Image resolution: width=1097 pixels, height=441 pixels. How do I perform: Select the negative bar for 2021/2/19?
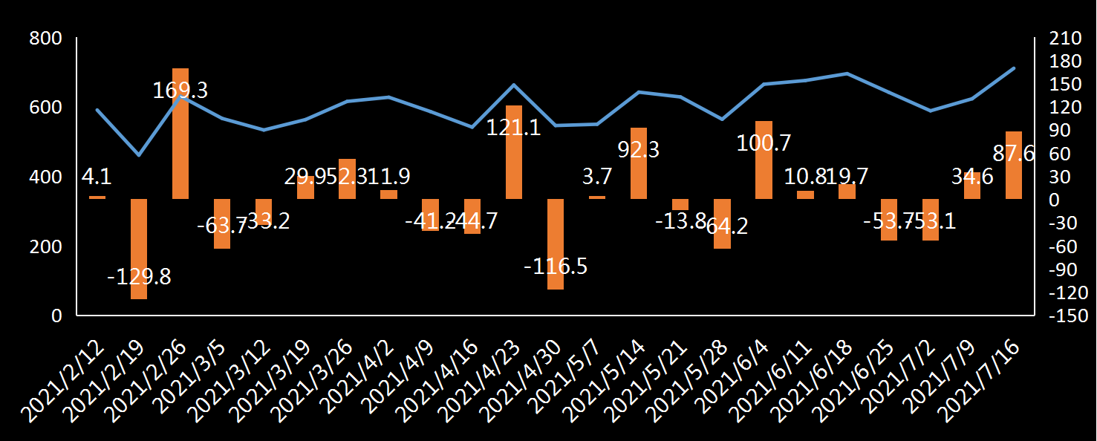pos(139,249)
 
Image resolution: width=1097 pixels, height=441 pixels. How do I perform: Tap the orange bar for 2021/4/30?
pos(556,244)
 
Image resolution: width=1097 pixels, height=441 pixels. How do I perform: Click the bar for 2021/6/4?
pos(764,160)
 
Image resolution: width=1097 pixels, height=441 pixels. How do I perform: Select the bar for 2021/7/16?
pos(1014,165)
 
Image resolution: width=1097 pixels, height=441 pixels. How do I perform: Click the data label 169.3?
pos(180,91)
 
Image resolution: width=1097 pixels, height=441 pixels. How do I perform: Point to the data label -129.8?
pos(139,277)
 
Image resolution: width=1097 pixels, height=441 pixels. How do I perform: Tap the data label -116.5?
pos(556,266)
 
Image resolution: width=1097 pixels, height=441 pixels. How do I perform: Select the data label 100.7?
pos(764,142)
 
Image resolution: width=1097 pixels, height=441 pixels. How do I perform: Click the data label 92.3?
pos(639,149)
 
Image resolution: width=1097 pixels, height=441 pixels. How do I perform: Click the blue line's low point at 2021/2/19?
pos(139,155)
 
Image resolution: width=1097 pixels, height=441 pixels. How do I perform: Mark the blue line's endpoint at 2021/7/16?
pos(1014,68)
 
